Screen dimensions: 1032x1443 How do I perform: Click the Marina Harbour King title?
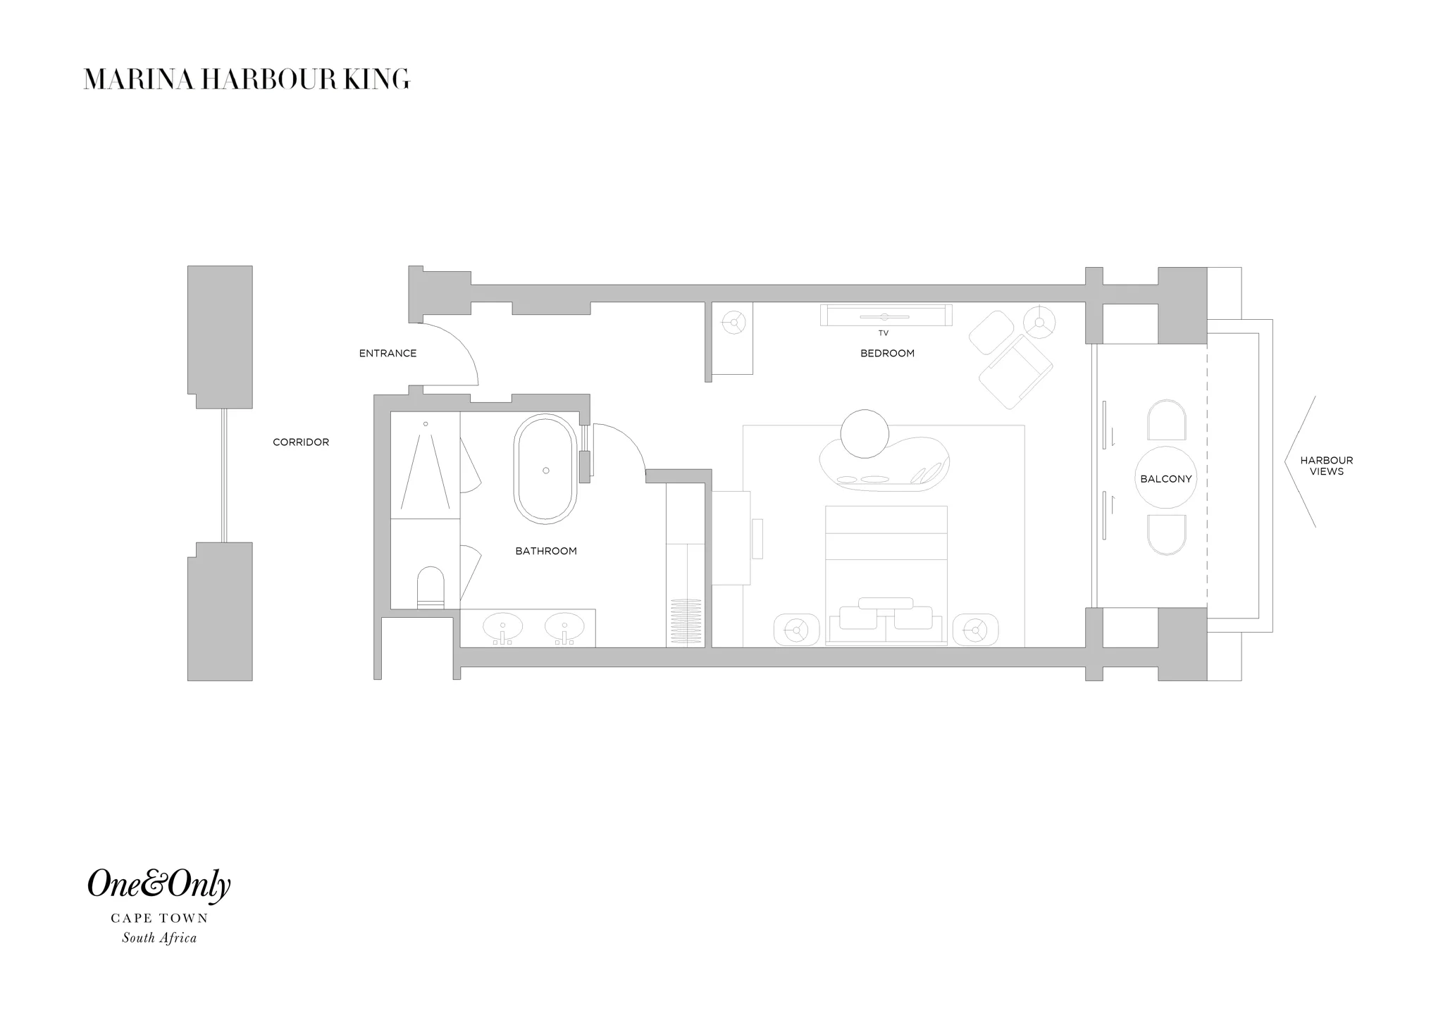click(x=247, y=80)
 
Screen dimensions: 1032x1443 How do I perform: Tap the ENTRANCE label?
click(x=388, y=354)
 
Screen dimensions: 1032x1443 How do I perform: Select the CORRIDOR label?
click(x=301, y=442)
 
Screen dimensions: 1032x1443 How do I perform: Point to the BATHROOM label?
click(x=546, y=552)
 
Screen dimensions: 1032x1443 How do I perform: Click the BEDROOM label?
click(x=887, y=354)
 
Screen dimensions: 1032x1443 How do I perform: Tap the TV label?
click(x=884, y=333)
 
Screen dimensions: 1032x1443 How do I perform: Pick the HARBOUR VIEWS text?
click(x=1327, y=466)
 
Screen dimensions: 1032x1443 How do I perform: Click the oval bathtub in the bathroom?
click(x=546, y=469)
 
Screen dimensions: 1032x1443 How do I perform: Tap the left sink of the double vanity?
click(x=502, y=626)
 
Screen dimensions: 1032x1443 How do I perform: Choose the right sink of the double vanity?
click(x=564, y=626)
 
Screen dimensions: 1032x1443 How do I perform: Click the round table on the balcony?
click(x=1166, y=478)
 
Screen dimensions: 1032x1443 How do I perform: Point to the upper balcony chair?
click(x=1166, y=421)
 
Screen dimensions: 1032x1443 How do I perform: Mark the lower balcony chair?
click(x=1166, y=535)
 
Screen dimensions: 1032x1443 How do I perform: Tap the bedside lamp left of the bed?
click(x=797, y=629)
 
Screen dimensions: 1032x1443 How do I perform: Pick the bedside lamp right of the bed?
click(x=975, y=629)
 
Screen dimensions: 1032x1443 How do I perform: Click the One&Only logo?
click(x=159, y=885)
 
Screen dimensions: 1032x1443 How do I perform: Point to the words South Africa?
click(x=159, y=938)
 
